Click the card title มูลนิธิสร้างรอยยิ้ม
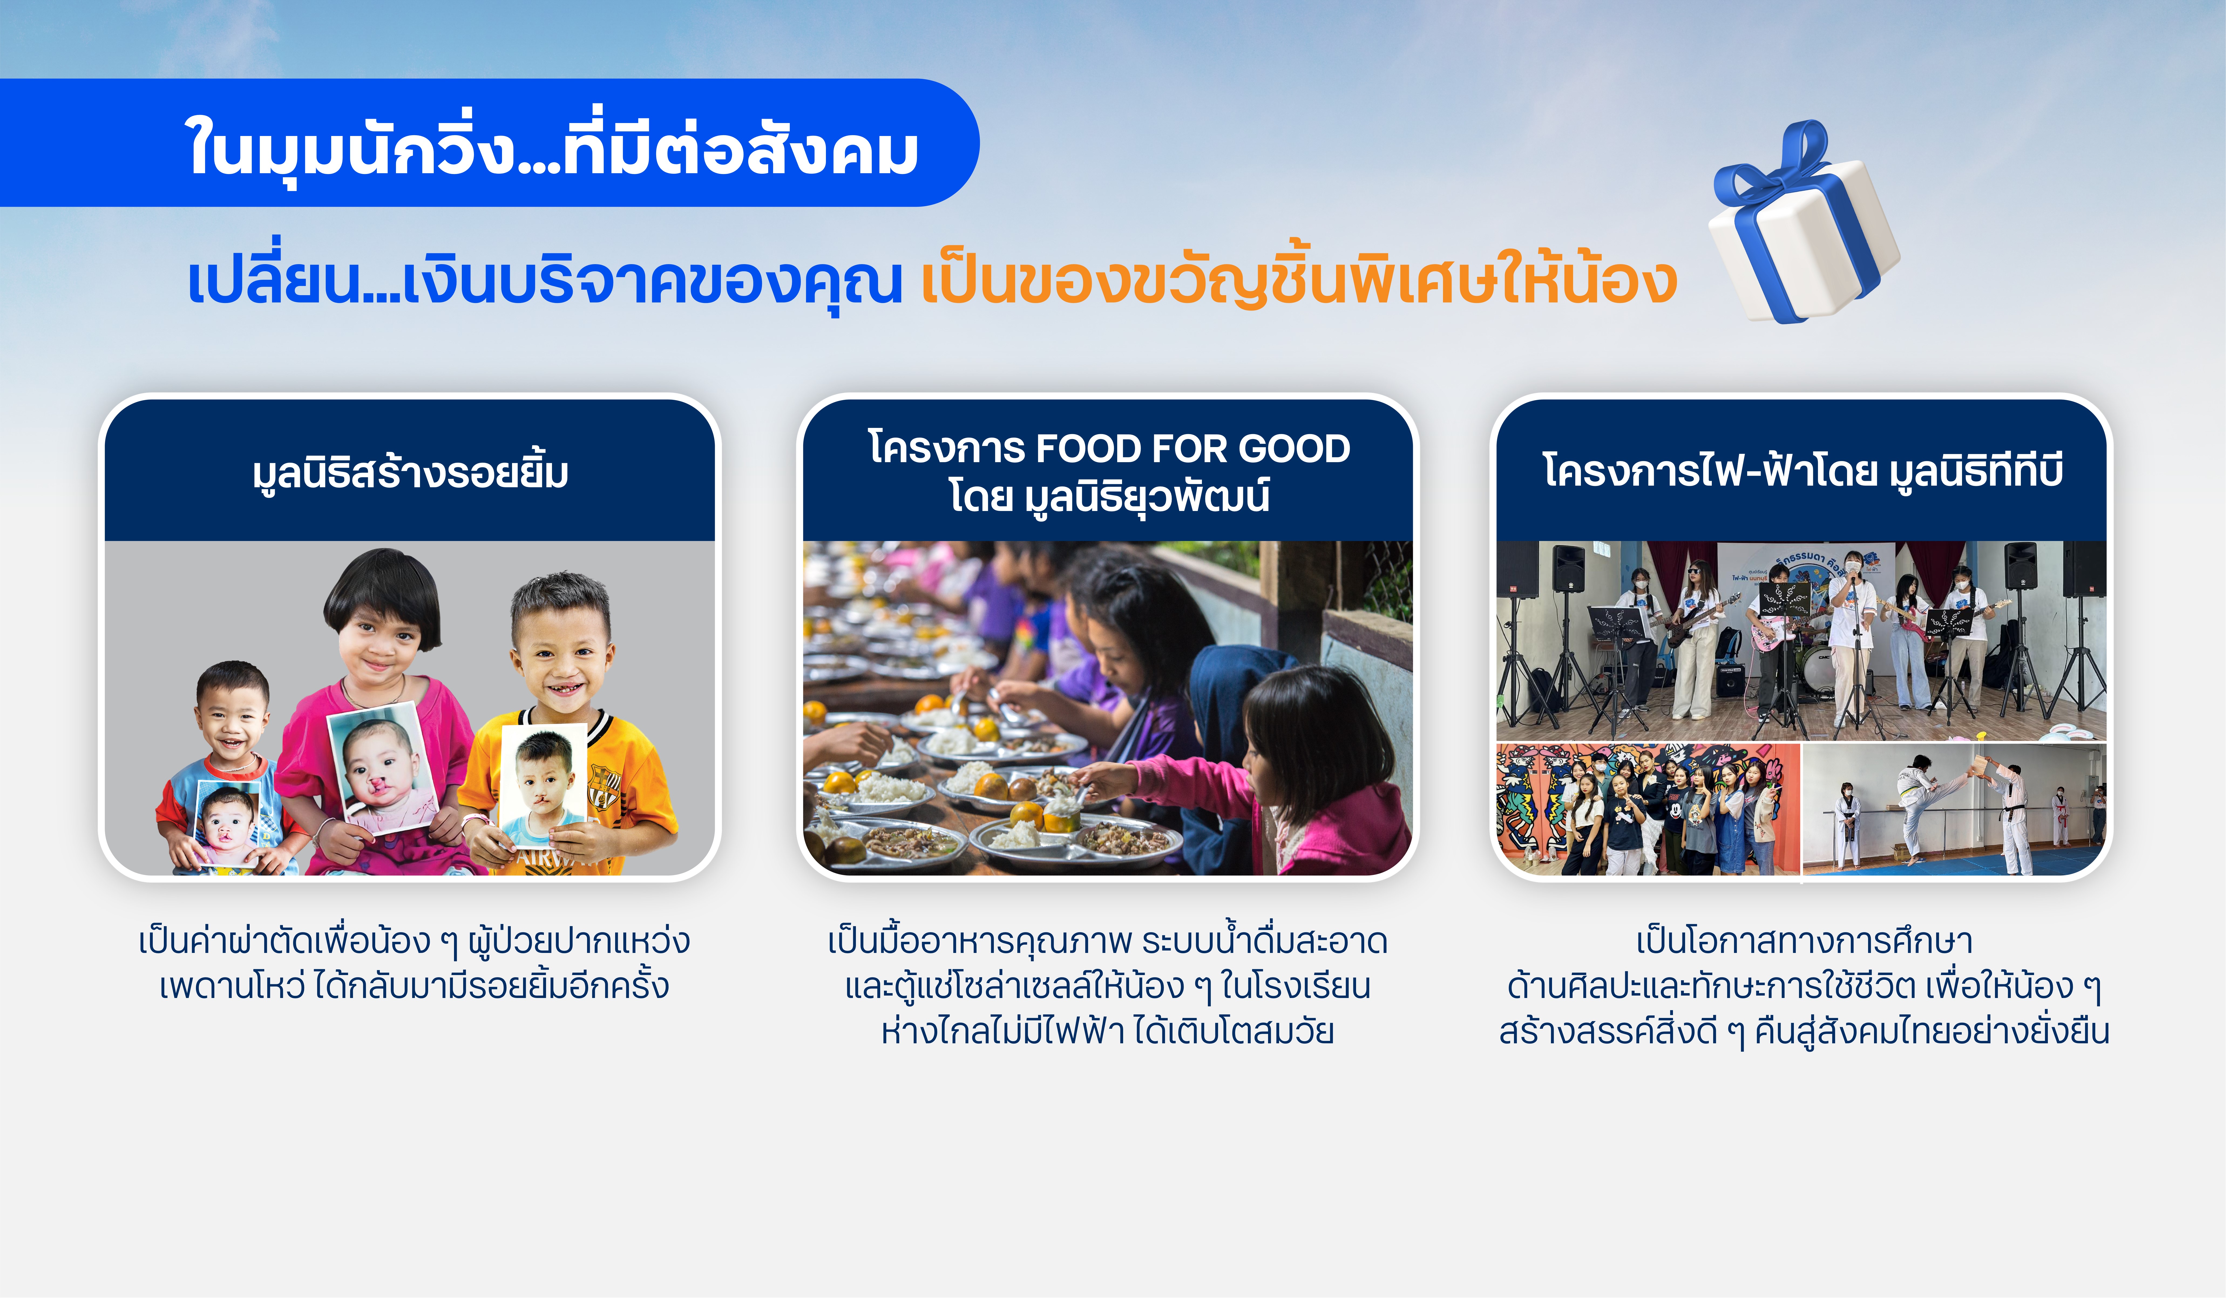[410, 472]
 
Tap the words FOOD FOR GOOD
[1192, 449]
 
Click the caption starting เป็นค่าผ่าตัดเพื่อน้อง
[414, 963]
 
